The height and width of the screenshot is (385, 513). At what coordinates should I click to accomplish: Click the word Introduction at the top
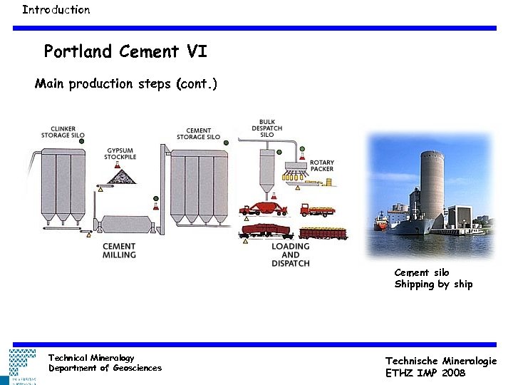[x=56, y=10]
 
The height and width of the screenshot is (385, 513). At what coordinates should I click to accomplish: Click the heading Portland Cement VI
[x=125, y=51]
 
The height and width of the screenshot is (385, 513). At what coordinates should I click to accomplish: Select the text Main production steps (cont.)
[x=126, y=84]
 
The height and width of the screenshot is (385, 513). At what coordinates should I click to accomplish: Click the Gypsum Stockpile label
[x=122, y=155]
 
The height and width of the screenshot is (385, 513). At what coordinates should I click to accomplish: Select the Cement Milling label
[x=119, y=250]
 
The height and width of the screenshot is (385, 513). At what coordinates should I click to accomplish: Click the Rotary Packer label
[x=321, y=165]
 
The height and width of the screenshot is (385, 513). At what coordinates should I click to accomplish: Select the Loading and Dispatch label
[x=291, y=255]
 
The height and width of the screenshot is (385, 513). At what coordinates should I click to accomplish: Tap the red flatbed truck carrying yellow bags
[x=318, y=210]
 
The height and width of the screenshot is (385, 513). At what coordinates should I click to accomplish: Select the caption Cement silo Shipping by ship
[x=433, y=279]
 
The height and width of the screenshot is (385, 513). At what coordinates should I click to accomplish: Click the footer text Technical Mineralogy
[x=91, y=357]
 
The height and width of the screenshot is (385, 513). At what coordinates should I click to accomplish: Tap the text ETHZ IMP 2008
[x=425, y=372]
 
